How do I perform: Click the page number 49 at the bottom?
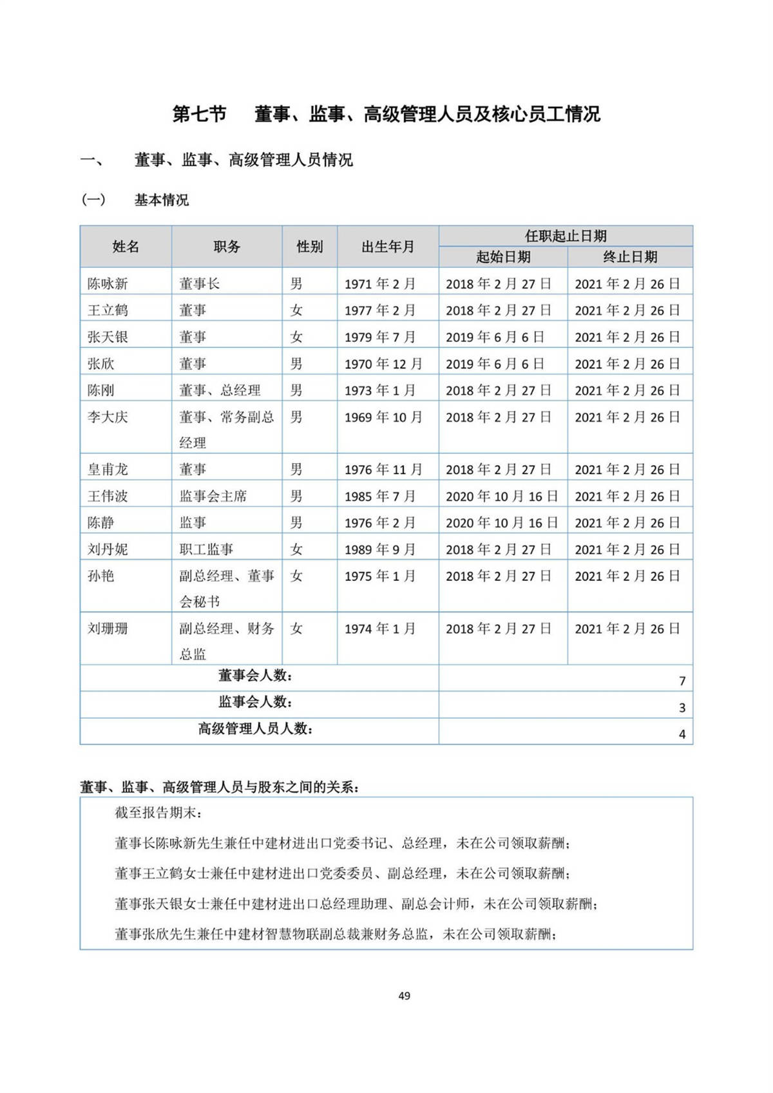[x=404, y=996]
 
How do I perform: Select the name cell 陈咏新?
[x=108, y=283]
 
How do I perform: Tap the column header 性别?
[x=309, y=247]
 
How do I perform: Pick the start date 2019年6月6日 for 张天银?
[x=495, y=337]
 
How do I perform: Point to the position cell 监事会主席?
[x=213, y=496]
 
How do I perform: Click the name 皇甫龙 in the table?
[x=108, y=470]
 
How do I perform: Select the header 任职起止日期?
[x=566, y=236]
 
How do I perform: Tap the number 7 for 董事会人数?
[x=682, y=681]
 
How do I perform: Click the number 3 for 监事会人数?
[x=682, y=708]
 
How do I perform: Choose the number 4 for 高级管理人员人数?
[x=682, y=734]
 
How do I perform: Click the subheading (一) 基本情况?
[x=135, y=200]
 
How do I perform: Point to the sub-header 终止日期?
[x=630, y=257]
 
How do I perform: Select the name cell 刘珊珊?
[x=108, y=629]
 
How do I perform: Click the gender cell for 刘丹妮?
[x=296, y=549]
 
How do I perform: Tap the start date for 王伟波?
[x=502, y=496]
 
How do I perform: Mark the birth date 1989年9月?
[x=379, y=549]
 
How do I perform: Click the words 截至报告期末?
[x=158, y=813]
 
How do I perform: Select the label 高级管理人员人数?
[x=255, y=729]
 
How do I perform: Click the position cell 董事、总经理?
[x=220, y=390]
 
